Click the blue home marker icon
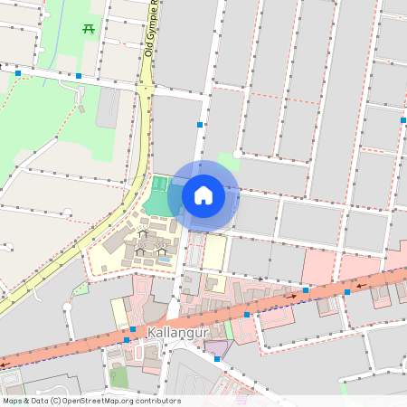click(203, 194)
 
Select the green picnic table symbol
click(89, 29)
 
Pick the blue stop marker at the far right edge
click(403, 119)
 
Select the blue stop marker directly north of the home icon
click(200, 124)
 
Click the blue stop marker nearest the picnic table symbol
click(80, 75)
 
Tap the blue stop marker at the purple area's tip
click(217, 359)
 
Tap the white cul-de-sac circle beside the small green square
click(236, 155)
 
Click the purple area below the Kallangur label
click(216, 347)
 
